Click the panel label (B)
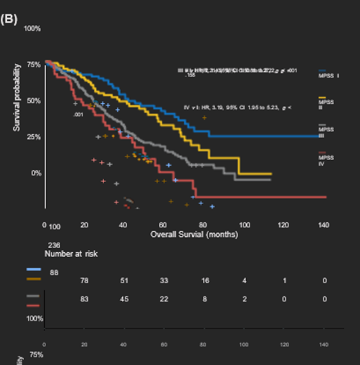click(x=10, y=19)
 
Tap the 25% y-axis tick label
click(x=33, y=137)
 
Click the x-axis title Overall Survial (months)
click(x=194, y=234)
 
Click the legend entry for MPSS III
click(x=326, y=131)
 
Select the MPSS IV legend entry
click(x=326, y=160)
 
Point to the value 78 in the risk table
click(x=85, y=281)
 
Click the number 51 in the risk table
click(x=123, y=281)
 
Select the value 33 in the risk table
click(x=163, y=281)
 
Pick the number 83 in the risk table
click(x=85, y=299)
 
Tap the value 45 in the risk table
click(x=123, y=299)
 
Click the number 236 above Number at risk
click(x=54, y=245)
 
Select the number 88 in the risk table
click(x=54, y=272)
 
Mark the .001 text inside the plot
click(x=78, y=115)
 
